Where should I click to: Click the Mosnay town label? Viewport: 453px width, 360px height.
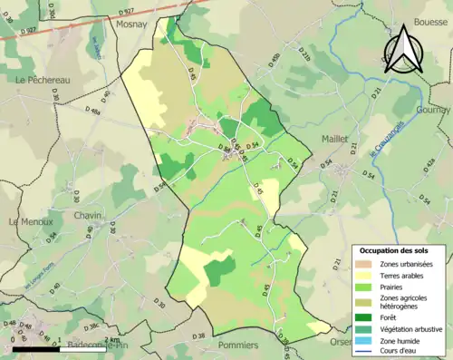[131, 25]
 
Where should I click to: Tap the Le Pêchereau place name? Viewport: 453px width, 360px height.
[43, 80]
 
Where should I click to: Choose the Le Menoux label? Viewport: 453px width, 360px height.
[31, 221]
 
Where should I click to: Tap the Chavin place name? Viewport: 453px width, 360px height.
[88, 216]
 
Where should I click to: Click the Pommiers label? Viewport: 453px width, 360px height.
[238, 345]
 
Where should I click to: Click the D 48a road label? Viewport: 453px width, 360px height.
[92, 111]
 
